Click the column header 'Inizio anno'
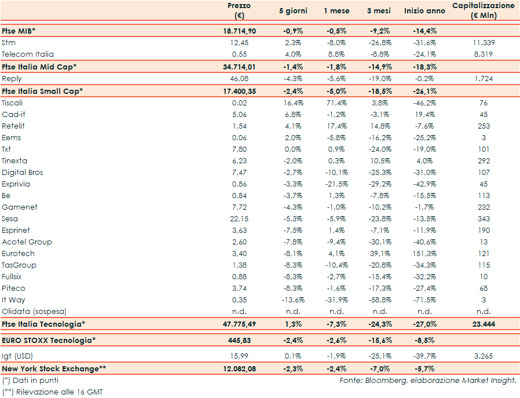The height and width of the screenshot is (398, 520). pos(424,10)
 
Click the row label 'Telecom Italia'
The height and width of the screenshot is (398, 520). pos(28,54)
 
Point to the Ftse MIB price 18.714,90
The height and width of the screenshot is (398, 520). pos(239,31)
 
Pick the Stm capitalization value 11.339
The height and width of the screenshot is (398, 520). pos(484,42)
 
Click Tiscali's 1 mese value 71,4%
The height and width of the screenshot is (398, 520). pos(335,103)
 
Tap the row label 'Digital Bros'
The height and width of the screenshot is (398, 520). pos(23,172)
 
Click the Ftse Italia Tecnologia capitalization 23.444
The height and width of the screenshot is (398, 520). pos(484,324)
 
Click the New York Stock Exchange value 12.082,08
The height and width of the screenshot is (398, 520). pos(239,368)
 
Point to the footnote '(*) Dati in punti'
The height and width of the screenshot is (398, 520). pos(30,381)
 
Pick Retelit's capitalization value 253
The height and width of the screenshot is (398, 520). pos(484,126)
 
